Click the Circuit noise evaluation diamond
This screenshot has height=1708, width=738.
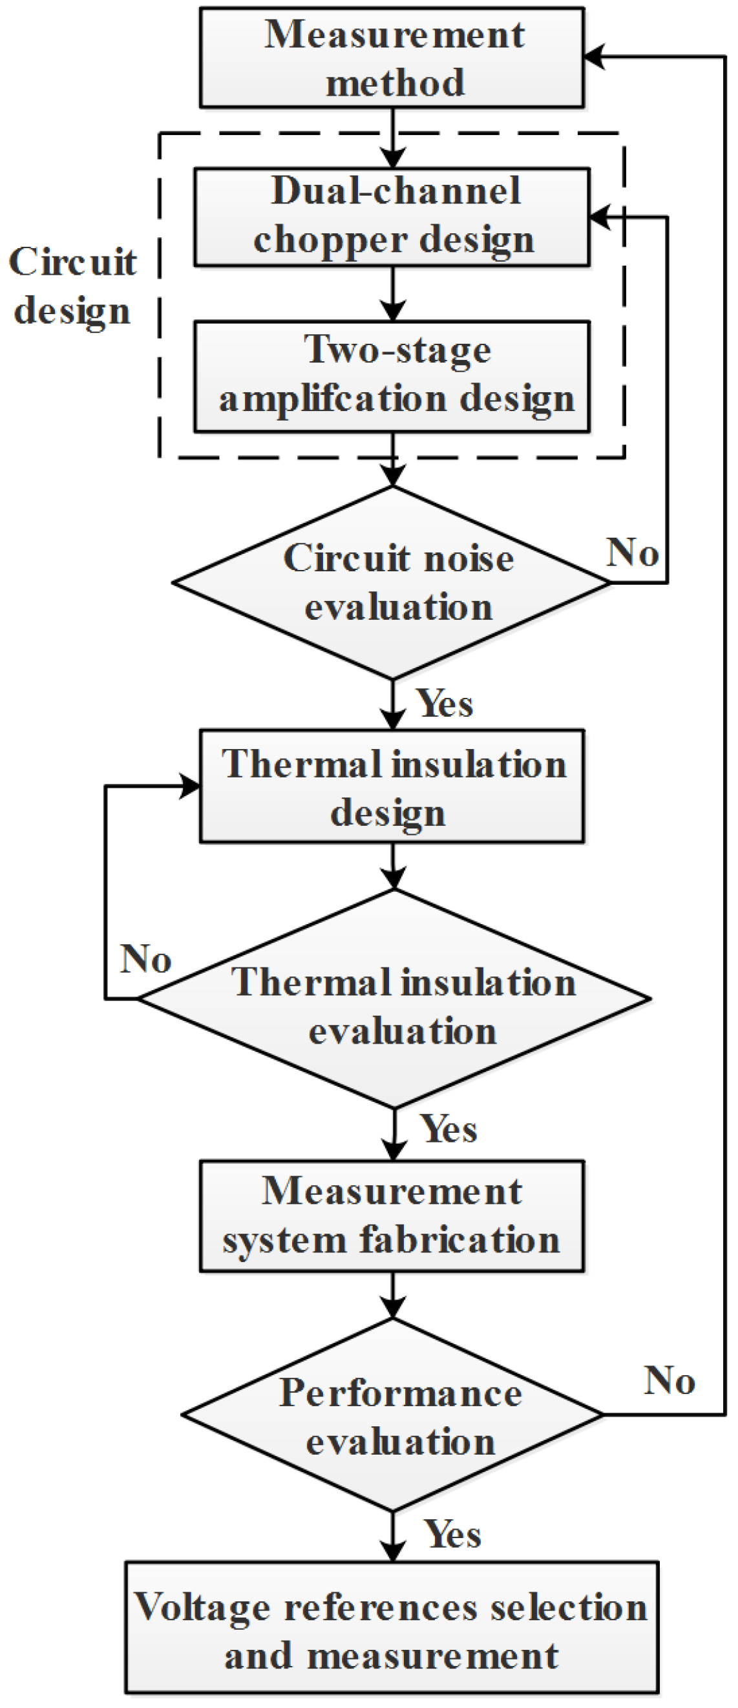click(392, 583)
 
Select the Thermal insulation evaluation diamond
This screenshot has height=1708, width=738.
click(395, 998)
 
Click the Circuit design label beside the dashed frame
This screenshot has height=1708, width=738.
click(73, 286)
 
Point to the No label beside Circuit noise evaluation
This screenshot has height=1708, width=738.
click(633, 553)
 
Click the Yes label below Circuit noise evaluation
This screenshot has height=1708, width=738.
click(444, 704)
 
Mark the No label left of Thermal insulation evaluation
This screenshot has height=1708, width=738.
click(146, 959)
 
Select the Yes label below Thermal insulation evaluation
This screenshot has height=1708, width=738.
click(449, 1129)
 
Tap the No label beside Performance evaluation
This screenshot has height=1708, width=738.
click(669, 1381)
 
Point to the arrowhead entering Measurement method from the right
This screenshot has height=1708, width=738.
click(594, 57)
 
